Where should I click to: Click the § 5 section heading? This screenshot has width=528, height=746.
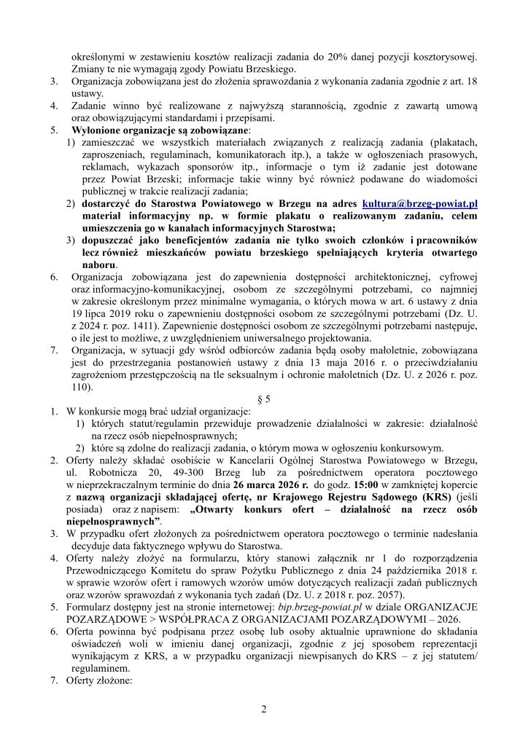(x=264, y=399)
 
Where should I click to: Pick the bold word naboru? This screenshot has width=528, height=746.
(x=99, y=264)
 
